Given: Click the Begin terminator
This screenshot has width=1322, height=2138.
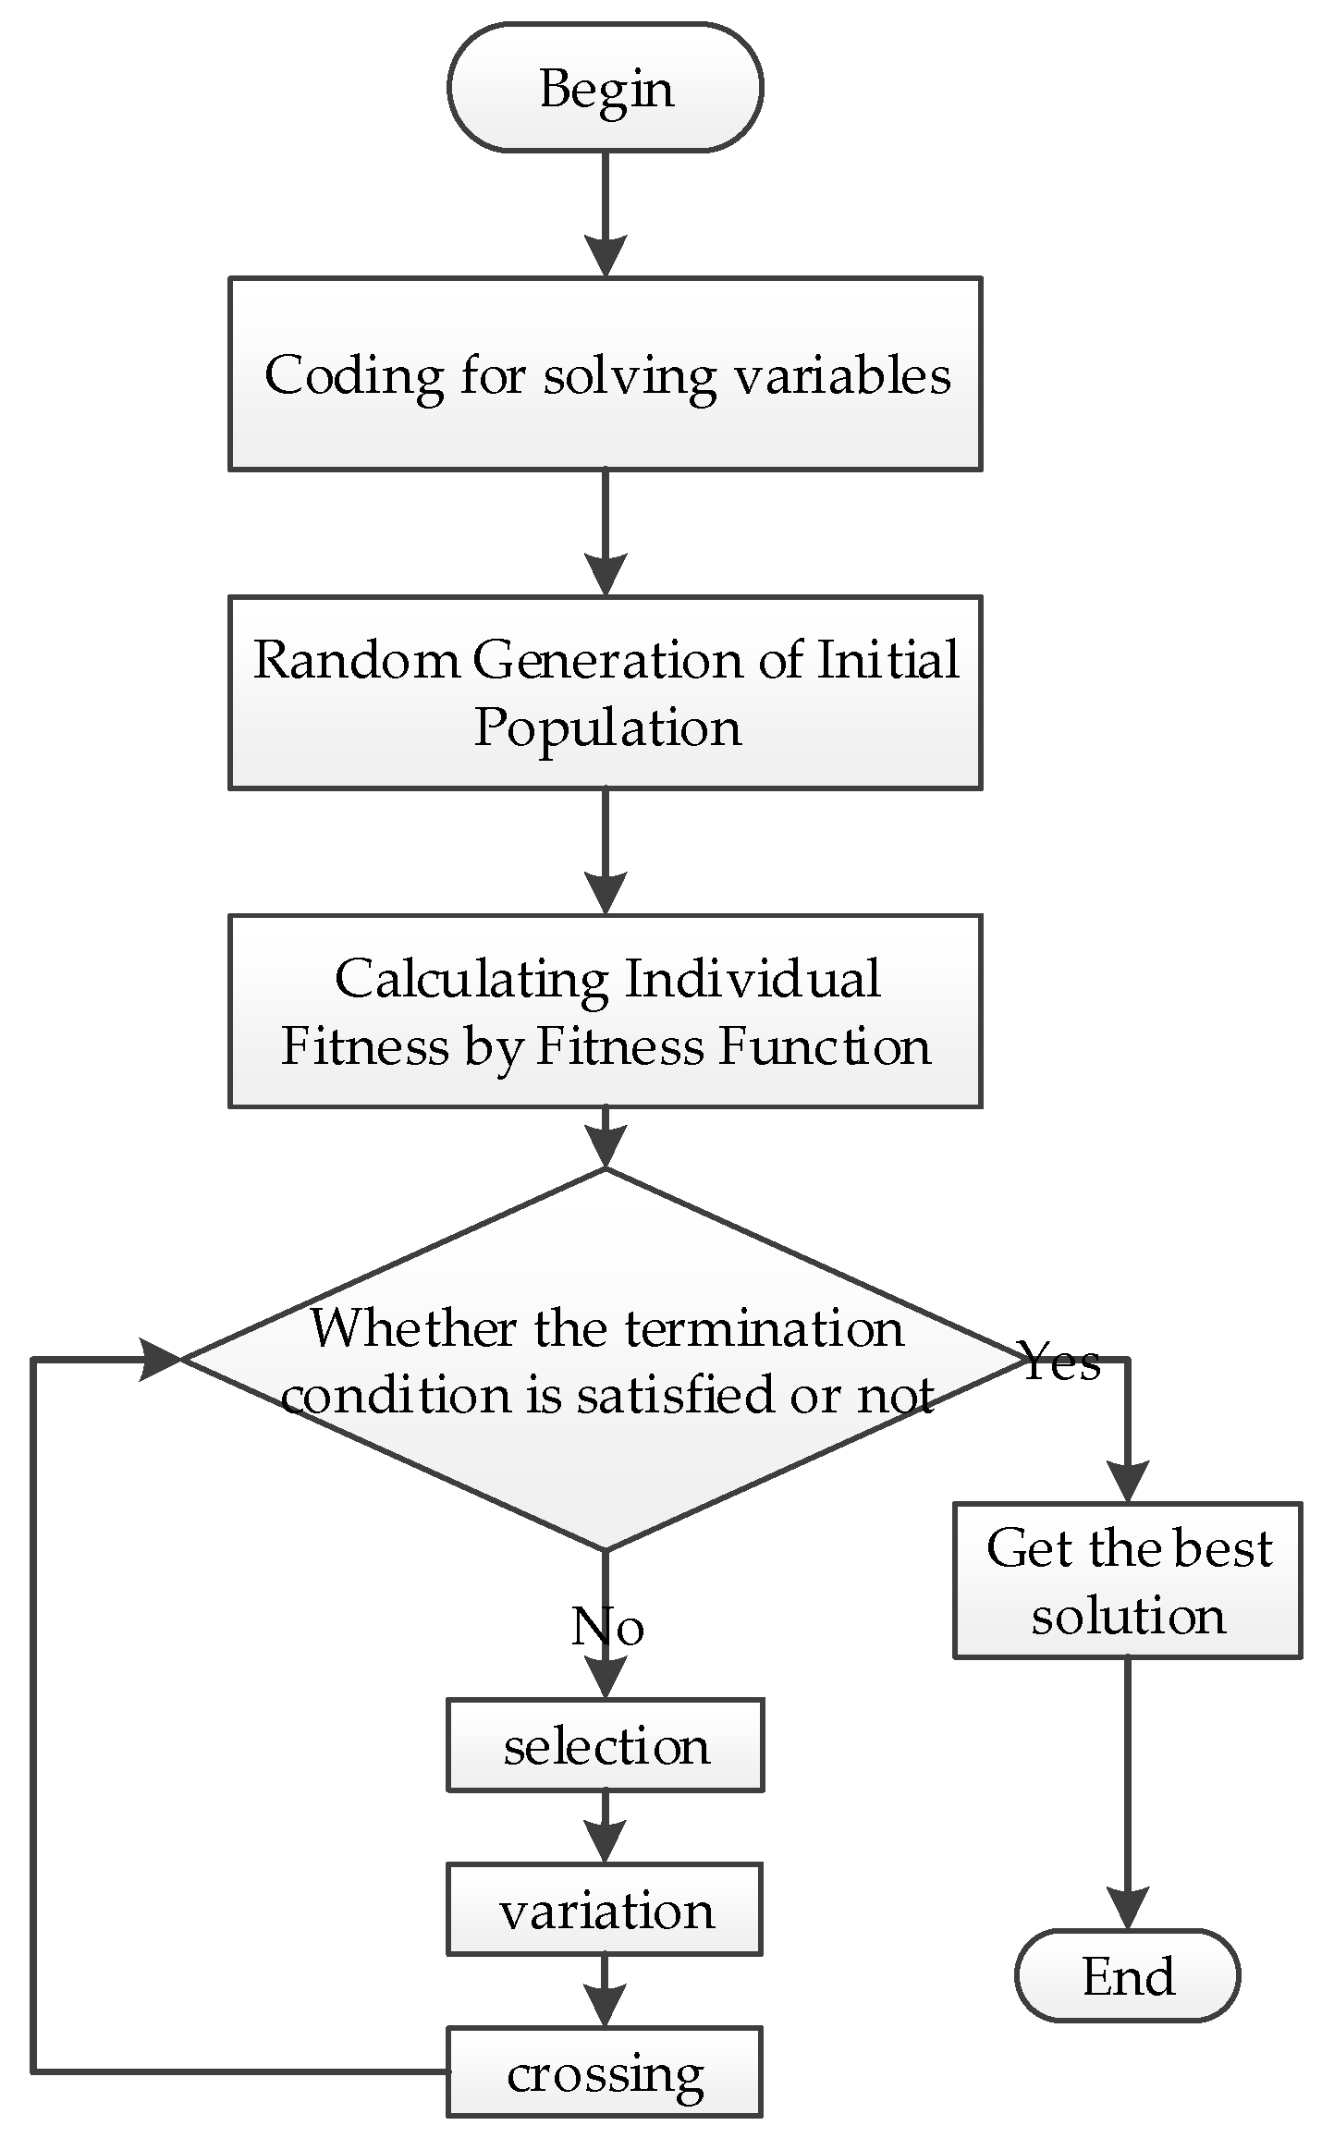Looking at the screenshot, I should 605,88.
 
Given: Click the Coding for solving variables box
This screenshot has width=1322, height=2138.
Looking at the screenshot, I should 605,373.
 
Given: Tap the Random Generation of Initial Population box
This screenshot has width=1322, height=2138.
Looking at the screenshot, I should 605,692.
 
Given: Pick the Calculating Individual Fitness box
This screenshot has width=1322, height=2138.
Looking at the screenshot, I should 605,1011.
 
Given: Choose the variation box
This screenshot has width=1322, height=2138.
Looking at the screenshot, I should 605,1909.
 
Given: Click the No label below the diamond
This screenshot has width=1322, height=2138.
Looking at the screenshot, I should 606,1627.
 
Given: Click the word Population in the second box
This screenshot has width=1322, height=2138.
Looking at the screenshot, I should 607,728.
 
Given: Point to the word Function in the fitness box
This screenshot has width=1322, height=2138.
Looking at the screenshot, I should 825,1047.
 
